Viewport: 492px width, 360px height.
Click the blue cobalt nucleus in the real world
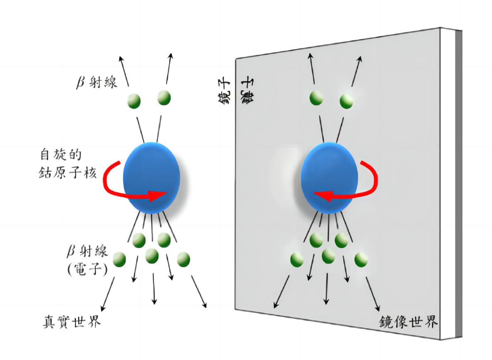point(152,178)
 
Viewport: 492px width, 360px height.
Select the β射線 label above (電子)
point(87,252)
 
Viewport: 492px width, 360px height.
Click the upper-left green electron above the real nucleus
point(134,100)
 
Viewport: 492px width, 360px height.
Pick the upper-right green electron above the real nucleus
point(164,97)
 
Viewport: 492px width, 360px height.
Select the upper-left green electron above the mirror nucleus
point(316,97)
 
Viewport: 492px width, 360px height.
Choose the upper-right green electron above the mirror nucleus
point(347,101)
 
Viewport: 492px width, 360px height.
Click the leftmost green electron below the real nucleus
point(119,259)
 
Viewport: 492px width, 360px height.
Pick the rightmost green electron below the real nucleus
point(183,259)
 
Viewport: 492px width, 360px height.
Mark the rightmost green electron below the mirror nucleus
point(361,259)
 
